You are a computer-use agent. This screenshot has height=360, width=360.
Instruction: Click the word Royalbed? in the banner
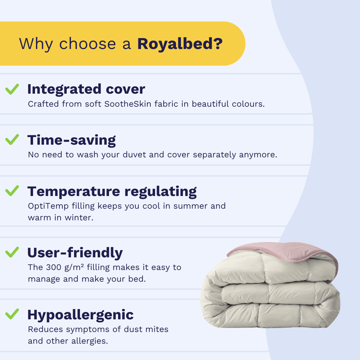click(x=180, y=44)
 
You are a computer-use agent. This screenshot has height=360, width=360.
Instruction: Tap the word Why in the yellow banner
click(x=36, y=44)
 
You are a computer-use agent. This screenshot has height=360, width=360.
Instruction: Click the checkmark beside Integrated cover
click(x=12, y=89)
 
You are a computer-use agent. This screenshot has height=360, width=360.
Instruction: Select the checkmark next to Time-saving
click(x=12, y=140)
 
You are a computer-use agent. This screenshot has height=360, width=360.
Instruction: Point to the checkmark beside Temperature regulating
click(x=12, y=191)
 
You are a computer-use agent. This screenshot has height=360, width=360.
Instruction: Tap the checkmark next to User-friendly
click(x=12, y=252)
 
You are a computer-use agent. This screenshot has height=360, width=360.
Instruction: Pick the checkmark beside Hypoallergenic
click(x=12, y=314)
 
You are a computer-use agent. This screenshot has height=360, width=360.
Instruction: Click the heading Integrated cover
click(x=86, y=89)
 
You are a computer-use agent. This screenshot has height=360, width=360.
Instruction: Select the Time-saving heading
click(x=72, y=140)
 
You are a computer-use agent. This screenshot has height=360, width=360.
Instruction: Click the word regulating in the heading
click(x=160, y=192)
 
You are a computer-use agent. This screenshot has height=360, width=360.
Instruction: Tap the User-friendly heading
click(x=75, y=253)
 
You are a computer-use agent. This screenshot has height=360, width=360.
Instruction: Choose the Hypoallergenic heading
click(x=80, y=315)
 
